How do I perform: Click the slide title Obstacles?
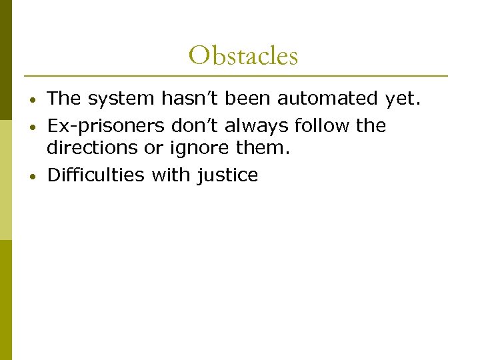pos(243,55)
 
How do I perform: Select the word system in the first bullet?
pos(123,99)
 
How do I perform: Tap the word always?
pos(261,125)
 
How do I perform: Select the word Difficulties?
pos(97,175)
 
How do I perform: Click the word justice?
pos(228,175)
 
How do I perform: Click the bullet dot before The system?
pos(33,100)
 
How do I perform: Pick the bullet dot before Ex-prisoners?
pos(33,127)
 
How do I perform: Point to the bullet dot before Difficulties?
pos(33,177)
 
